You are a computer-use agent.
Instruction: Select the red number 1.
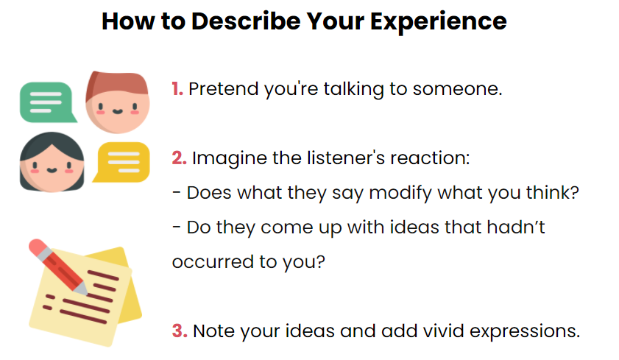[x=177, y=90]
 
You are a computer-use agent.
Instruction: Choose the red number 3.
[x=180, y=331]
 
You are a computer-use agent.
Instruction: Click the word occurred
[x=208, y=262]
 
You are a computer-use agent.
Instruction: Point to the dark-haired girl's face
[x=52, y=166]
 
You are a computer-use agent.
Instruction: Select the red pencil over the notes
[x=57, y=266]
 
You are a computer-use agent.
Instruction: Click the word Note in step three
[x=216, y=331]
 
